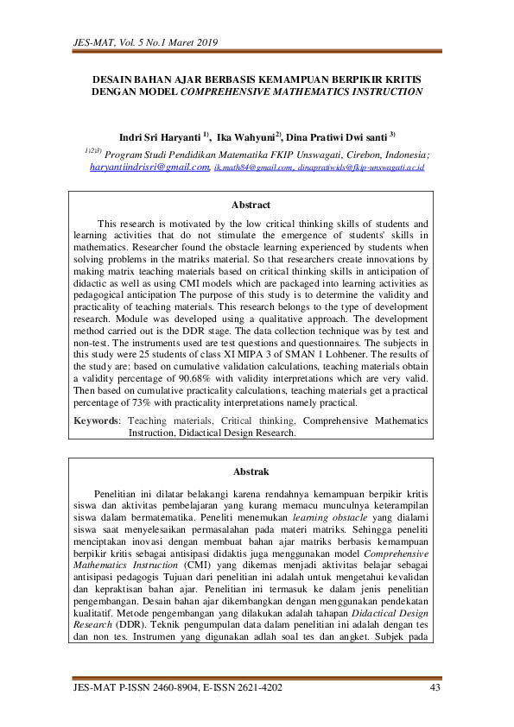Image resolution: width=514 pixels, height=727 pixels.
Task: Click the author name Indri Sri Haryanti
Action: (160, 136)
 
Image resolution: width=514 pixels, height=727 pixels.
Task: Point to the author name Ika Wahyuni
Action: (247, 136)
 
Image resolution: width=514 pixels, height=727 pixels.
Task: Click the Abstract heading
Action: (251, 205)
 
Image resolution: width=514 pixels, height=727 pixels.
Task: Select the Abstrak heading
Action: (251, 471)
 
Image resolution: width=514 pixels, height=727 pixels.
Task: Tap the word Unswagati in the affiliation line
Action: (313, 153)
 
